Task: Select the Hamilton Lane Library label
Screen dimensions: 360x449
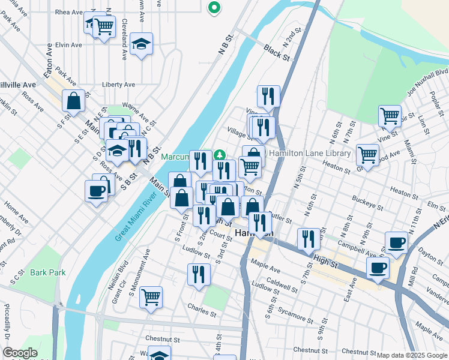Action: [x=310, y=154]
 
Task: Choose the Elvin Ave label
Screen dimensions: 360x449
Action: [x=68, y=45]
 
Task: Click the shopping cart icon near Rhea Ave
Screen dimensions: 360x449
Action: [x=104, y=26]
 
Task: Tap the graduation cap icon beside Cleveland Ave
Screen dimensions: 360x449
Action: [x=141, y=44]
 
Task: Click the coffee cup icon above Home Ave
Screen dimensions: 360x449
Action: [x=96, y=191]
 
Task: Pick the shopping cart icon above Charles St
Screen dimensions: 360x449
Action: [x=151, y=296]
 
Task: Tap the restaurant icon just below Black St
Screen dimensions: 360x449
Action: [x=268, y=95]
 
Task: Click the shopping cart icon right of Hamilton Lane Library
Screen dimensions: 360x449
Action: [x=367, y=154]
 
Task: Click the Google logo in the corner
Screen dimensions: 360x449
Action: [x=20, y=353]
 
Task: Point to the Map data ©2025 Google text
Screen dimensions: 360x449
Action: [x=411, y=355]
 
